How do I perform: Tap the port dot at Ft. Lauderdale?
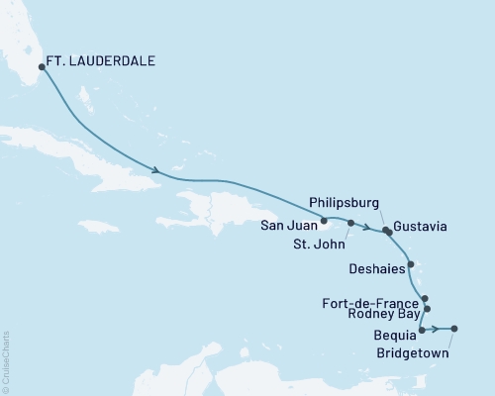(x=42, y=67)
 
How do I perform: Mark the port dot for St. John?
(x=350, y=223)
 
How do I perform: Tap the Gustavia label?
(x=419, y=227)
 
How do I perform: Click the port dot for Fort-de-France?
(x=425, y=298)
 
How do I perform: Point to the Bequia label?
(x=396, y=336)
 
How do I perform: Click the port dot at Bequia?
(x=423, y=329)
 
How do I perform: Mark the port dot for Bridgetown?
(x=454, y=329)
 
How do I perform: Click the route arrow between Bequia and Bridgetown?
(x=436, y=329)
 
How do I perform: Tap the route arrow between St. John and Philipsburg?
(x=367, y=229)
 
